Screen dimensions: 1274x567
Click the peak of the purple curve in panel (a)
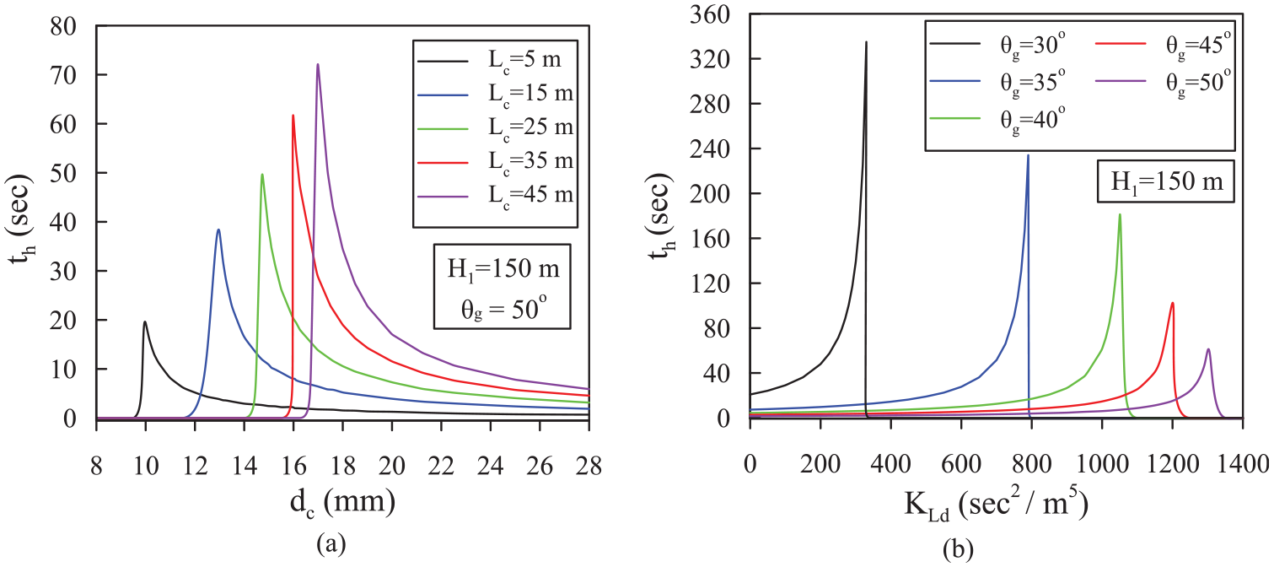tap(318, 64)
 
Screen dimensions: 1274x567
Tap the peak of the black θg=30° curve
tap(866, 41)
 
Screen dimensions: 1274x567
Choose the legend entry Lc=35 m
tap(496, 162)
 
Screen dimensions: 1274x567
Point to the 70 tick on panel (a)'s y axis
tap(63, 75)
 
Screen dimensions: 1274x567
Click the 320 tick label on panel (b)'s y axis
tap(707, 58)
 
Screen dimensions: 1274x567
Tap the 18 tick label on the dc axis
tap(342, 467)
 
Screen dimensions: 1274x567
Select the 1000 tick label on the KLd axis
tap(1102, 465)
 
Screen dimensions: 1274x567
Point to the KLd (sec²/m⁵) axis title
tap(997, 503)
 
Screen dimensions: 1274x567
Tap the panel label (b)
tap(958, 550)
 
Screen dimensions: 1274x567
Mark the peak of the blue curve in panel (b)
tap(1028, 155)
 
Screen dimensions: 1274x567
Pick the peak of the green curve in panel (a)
tap(262, 174)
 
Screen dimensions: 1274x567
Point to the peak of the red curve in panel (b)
tap(1172, 303)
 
